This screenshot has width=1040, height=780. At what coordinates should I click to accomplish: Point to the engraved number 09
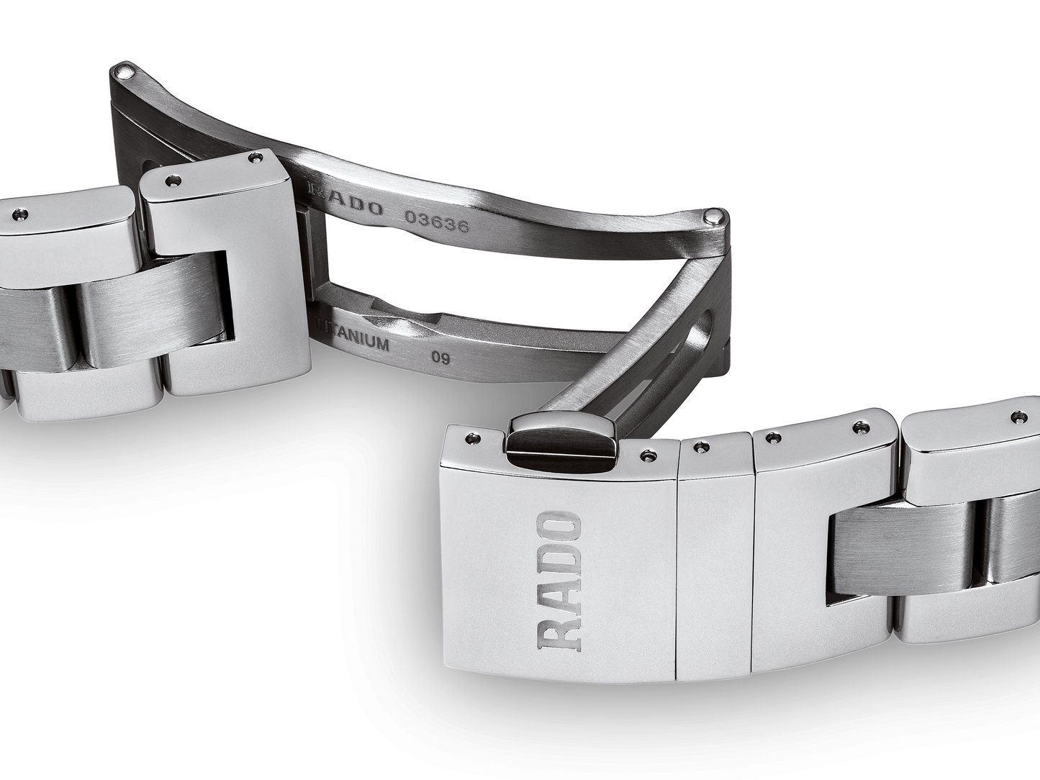pos(440,357)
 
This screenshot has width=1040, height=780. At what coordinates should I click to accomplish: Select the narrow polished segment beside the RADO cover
pos(713,561)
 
